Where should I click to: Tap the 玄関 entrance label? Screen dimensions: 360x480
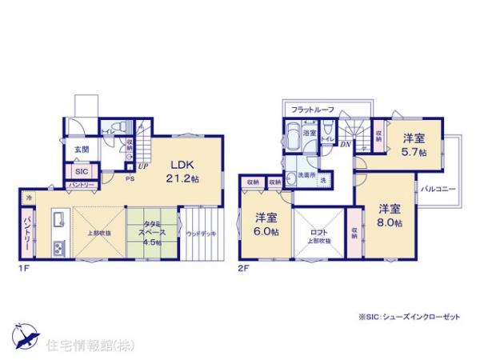(82, 149)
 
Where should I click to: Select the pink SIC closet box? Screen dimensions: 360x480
(82, 171)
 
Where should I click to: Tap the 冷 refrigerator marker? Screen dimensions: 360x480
(28, 197)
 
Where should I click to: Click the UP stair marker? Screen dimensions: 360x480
(141, 166)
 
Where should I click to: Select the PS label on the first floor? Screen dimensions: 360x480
(127, 179)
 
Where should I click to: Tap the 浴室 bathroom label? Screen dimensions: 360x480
(309, 133)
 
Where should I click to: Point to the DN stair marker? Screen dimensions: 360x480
(346, 144)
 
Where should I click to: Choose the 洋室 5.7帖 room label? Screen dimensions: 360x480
(414, 143)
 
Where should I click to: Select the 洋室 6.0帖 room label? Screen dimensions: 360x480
(266, 223)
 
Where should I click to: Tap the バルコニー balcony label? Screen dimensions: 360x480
(439, 189)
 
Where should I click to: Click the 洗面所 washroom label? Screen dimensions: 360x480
(303, 175)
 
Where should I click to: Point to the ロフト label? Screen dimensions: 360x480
(318, 231)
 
